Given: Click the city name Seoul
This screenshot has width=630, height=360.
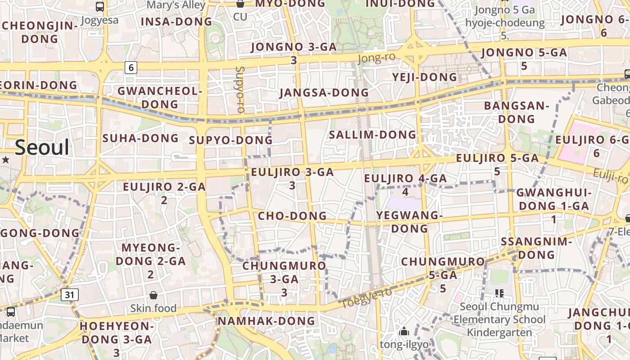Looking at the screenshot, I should [x=42, y=148].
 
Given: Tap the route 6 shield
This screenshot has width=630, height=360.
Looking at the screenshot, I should [x=131, y=67].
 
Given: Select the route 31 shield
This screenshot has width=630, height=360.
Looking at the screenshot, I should [x=69, y=295].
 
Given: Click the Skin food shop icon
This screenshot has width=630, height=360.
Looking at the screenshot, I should [x=153, y=295].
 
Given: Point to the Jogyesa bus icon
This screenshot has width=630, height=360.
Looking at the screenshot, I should [x=100, y=7].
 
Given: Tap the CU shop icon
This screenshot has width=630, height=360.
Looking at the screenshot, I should [x=240, y=4].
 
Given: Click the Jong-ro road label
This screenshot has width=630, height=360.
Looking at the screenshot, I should [x=377, y=58].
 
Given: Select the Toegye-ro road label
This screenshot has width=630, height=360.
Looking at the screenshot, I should [x=366, y=298].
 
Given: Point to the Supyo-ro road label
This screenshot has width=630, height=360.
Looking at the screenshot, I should [x=240, y=90].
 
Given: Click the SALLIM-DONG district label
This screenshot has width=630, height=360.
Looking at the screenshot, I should [x=373, y=135].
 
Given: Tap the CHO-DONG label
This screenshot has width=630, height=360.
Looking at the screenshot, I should [x=292, y=216].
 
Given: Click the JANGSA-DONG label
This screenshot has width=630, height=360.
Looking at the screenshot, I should [x=324, y=93].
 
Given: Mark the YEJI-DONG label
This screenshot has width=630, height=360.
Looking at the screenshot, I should [x=424, y=77].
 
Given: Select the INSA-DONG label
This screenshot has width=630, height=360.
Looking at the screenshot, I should [x=176, y=22].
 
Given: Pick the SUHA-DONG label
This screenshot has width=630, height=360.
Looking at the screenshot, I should [x=140, y=138].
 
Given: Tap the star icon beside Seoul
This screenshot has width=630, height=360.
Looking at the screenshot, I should [x=5, y=160].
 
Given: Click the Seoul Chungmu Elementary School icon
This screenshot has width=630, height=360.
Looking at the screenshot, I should [x=499, y=293].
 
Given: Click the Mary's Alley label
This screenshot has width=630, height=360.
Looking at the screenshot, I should [x=176, y=5].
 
